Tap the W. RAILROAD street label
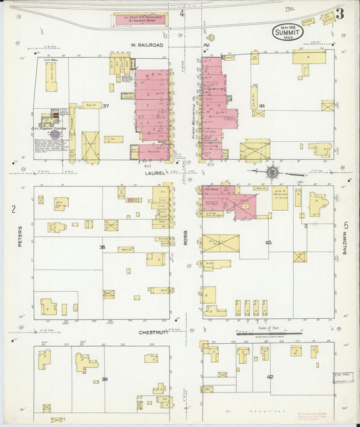(x=148, y=45)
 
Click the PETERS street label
(x=20, y=236)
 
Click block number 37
(x=105, y=105)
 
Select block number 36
(x=102, y=247)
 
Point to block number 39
(x=104, y=379)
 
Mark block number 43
(x=268, y=242)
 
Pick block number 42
(x=270, y=376)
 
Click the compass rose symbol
(x=272, y=172)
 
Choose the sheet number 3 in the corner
(x=339, y=13)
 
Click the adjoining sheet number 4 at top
(x=182, y=13)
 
